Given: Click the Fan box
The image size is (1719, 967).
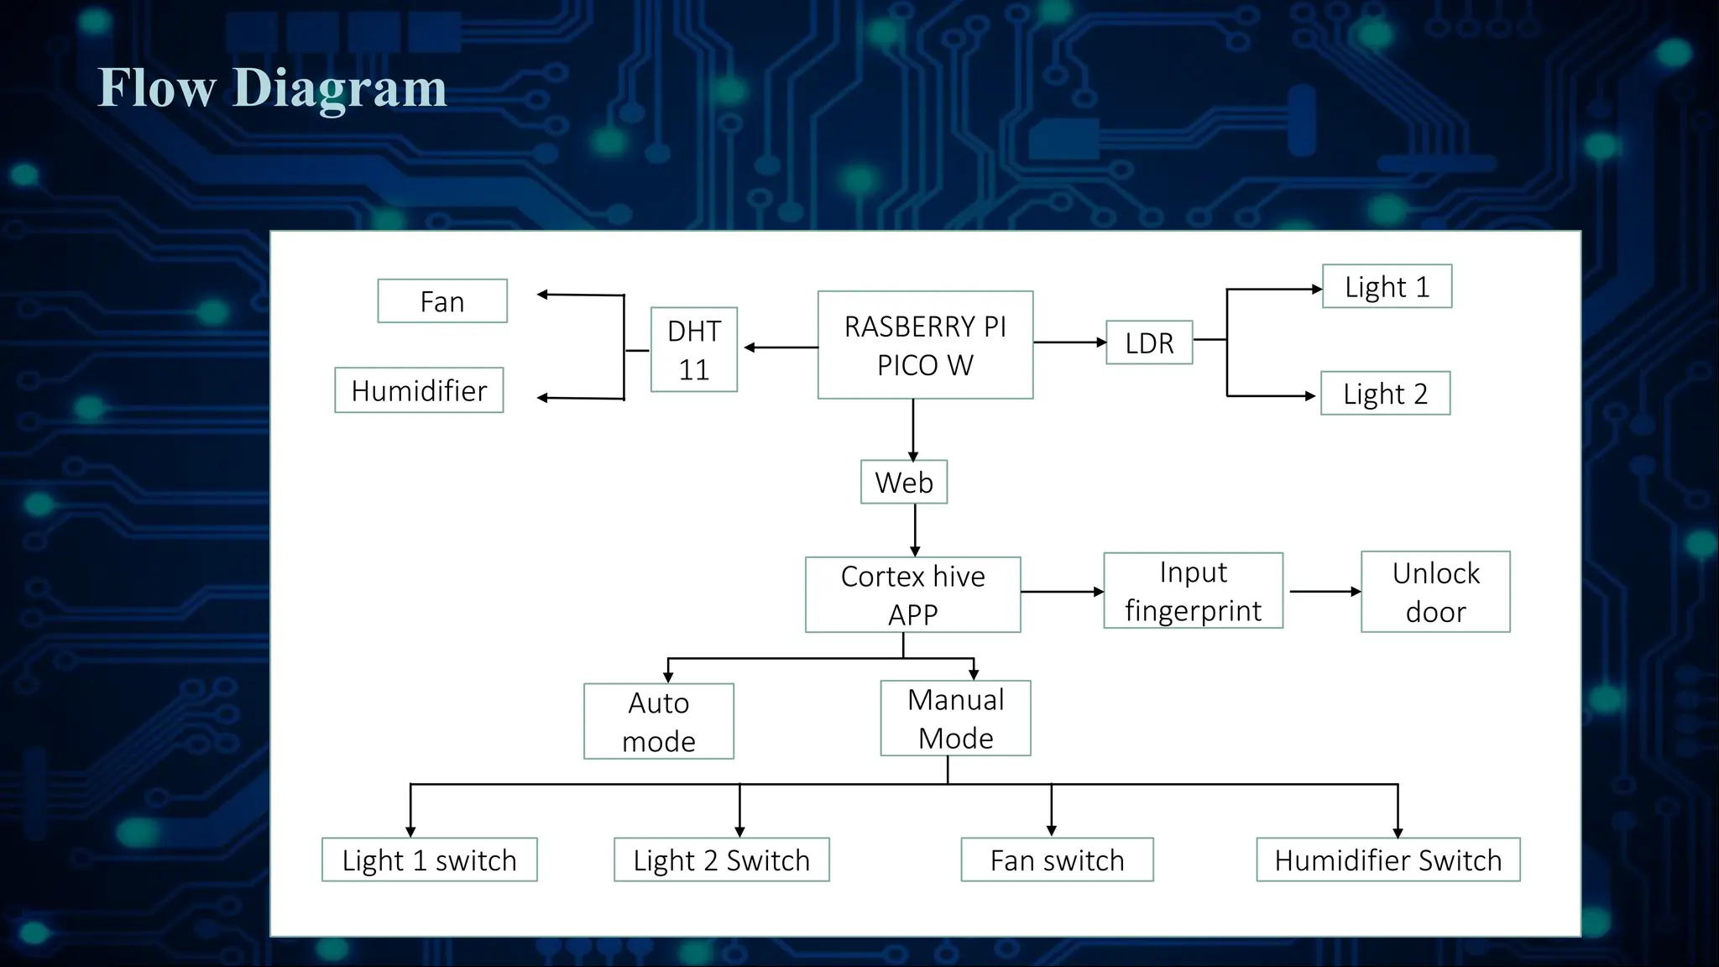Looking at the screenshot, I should pyautogui.click(x=442, y=301).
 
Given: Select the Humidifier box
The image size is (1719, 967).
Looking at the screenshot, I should pyautogui.click(x=419, y=390).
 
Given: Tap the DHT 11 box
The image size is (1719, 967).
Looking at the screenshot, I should pyautogui.click(x=694, y=349).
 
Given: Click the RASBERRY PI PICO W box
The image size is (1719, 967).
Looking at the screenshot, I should pyautogui.click(x=925, y=345).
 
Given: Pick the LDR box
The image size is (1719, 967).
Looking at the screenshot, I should pyautogui.click(x=1149, y=342).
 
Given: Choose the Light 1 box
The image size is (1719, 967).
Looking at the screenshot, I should pyautogui.click(x=1387, y=287).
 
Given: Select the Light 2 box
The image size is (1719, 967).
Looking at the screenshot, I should pyautogui.click(x=1385, y=394).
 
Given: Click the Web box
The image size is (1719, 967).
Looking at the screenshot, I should pyautogui.click(x=904, y=482).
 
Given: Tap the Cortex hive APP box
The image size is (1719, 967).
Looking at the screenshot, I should pyautogui.click(x=912, y=594).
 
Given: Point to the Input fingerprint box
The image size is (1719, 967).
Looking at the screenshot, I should pyautogui.click(x=1193, y=591).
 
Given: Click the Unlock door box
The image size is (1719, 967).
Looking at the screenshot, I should pyautogui.click(x=1435, y=592).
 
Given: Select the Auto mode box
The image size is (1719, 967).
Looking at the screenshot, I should pyautogui.click(x=659, y=721).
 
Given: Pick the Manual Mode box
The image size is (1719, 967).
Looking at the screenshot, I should pyautogui.click(x=955, y=719).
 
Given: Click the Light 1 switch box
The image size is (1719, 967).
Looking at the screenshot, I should pyautogui.click(x=429, y=860).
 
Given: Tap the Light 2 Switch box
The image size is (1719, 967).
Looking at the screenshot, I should pyautogui.click(x=721, y=860).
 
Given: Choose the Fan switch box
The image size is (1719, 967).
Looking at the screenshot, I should pyautogui.click(x=1057, y=860).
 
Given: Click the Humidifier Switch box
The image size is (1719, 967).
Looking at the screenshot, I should pyautogui.click(x=1387, y=860).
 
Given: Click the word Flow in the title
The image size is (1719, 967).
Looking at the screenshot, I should pyautogui.click(x=157, y=87).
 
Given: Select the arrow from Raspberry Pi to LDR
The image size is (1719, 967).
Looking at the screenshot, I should pyautogui.click(x=1069, y=342).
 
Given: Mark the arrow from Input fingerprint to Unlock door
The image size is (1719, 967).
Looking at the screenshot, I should pyautogui.click(x=1324, y=592).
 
